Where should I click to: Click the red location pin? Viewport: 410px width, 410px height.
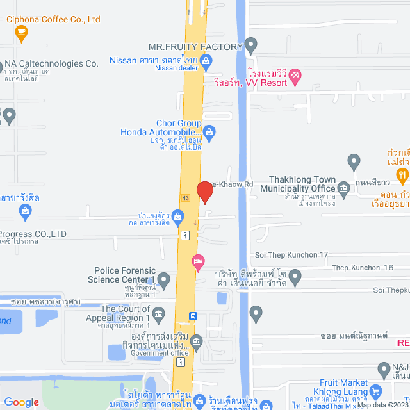pos(204,192)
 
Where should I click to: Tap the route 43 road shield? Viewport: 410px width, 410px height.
pos(185,197)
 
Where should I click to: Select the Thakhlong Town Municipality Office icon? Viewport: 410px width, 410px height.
pos(343,188)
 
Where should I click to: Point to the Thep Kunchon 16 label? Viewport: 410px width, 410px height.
pos(363,267)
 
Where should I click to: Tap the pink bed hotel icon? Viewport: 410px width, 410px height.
pos(198,261)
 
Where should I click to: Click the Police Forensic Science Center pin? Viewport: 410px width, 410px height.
pos(164,279)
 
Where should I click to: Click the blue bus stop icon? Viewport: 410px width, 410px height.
pos(193,316)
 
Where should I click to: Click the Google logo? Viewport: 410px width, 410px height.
pos(22,402)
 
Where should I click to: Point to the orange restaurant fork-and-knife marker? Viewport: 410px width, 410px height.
pos(402,174)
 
